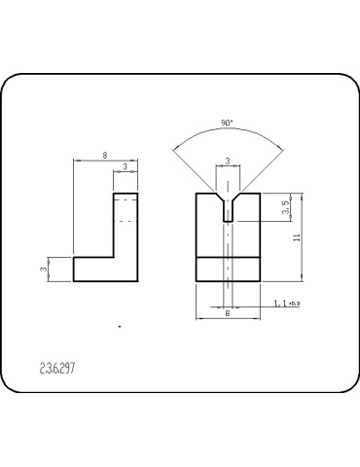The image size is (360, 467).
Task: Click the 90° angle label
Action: [x=227, y=124]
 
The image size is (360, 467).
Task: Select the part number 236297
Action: [x=57, y=370]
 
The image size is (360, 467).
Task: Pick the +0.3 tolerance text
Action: [x=295, y=305]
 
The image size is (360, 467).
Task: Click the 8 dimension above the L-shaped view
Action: [x=104, y=154]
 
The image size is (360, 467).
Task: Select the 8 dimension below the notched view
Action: [x=228, y=313]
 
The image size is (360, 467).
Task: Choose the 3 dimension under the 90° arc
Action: [x=228, y=161]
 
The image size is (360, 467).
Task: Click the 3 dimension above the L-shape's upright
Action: [x=126, y=167]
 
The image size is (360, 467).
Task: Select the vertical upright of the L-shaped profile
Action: [x=126, y=229]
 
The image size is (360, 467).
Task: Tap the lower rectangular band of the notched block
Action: [x=228, y=269]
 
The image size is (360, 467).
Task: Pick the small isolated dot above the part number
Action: [x=119, y=329]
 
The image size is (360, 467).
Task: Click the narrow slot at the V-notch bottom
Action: [x=228, y=215]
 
